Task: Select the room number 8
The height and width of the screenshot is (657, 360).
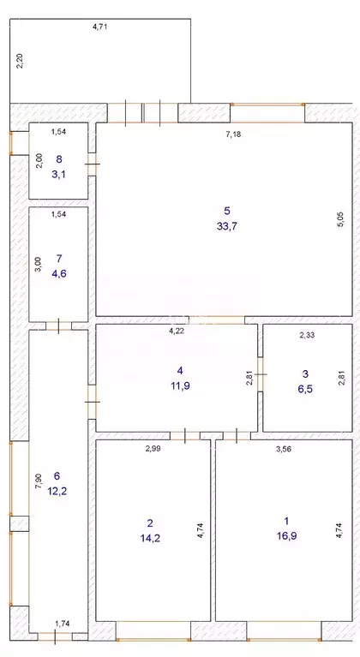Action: [58, 159]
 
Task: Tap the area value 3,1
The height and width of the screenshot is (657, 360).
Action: [58, 174]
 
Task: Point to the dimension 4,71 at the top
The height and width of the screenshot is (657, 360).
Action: [100, 27]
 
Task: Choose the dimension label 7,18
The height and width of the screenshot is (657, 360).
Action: [233, 134]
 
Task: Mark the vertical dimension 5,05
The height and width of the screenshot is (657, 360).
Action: [340, 218]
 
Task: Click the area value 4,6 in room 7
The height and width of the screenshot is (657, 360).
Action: [58, 272]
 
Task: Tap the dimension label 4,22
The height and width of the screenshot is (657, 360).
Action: [177, 330]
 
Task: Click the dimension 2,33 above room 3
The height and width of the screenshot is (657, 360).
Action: [308, 336]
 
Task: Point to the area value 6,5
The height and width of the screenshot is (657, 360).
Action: [306, 386]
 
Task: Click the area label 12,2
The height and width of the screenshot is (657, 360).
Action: [57, 491]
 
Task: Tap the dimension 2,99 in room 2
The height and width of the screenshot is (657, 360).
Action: [152, 448]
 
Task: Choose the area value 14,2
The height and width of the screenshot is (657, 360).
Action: [149, 538]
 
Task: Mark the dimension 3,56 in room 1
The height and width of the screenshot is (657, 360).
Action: [281, 448]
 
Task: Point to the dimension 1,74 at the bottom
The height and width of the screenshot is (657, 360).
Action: [63, 625]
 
